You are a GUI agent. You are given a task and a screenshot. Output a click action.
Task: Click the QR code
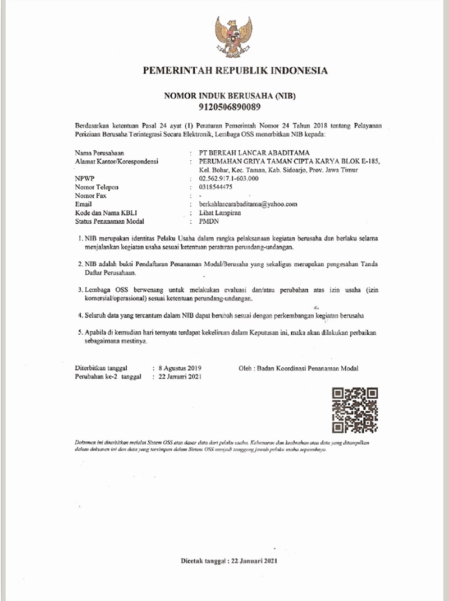[x=355, y=410]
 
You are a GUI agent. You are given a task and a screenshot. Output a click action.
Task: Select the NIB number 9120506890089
[x=230, y=107]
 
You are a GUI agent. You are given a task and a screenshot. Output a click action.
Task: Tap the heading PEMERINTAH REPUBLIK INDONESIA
[x=235, y=71]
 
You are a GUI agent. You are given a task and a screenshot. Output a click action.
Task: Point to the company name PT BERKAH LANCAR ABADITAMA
[x=254, y=152]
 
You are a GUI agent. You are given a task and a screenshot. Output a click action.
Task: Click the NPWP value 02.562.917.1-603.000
[x=228, y=178]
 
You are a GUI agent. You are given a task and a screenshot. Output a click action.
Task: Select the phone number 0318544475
[x=216, y=187]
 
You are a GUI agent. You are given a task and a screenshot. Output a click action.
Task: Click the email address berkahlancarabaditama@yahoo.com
[x=248, y=204]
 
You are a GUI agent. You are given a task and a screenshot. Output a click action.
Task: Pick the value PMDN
[x=209, y=221]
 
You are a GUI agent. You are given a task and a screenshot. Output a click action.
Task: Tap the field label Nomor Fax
[x=90, y=196]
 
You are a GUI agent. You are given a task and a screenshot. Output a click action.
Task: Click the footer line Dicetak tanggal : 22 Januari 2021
[x=229, y=561]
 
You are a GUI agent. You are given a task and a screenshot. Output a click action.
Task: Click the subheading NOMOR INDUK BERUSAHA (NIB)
[x=230, y=96]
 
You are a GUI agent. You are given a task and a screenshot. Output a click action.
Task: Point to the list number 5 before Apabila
[x=80, y=332]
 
